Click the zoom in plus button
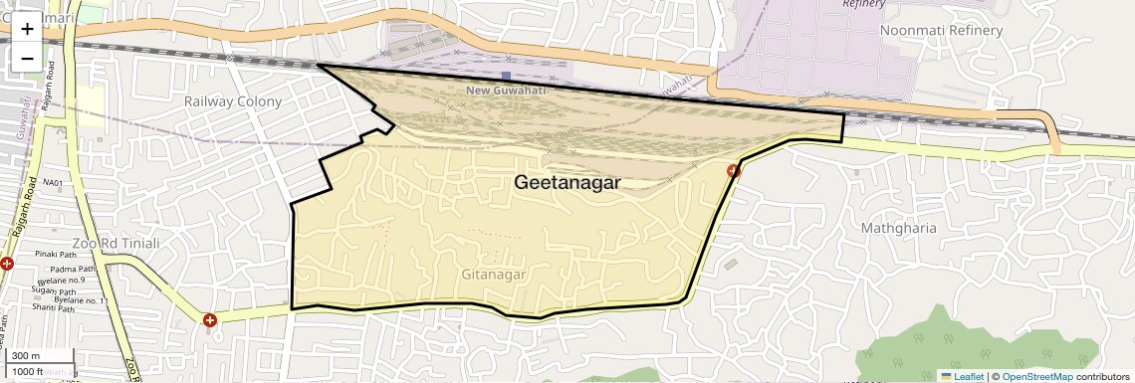tap(27, 29)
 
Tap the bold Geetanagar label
tap(567, 183)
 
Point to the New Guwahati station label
tap(507, 91)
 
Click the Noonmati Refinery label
tap(941, 31)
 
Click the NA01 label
tap(53, 184)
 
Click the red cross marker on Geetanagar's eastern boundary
tap(734, 171)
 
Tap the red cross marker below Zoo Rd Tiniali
tap(210, 320)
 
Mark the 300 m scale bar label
tap(25, 356)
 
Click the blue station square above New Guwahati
tap(506, 76)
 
